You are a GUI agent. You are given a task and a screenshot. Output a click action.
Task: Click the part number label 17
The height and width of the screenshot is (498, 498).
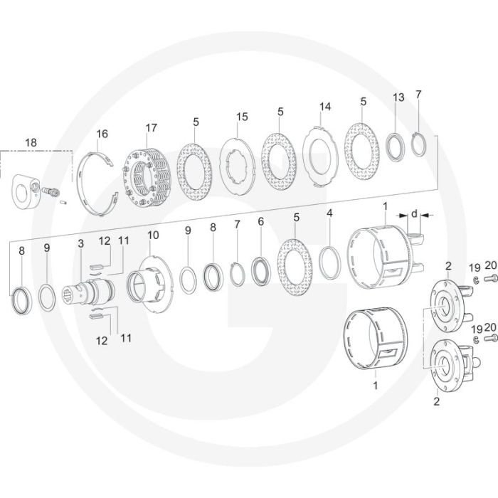point(151,127)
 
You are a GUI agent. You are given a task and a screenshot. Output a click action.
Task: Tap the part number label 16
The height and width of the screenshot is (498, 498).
point(102,134)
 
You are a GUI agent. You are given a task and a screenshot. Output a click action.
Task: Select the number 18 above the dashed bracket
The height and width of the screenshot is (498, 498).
point(31,142)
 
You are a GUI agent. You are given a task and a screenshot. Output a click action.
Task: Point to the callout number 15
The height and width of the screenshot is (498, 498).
point(242,117)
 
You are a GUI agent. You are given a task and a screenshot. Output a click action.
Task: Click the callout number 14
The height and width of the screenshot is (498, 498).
point(325,107)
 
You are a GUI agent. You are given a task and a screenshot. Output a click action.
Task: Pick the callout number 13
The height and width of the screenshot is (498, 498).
point(398,97)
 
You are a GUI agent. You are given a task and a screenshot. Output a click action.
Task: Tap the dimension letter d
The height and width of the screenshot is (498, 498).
point(414,214)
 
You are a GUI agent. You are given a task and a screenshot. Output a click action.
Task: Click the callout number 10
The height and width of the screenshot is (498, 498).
point(153,235)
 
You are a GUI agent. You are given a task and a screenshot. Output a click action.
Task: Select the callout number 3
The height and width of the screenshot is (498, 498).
point(81,243)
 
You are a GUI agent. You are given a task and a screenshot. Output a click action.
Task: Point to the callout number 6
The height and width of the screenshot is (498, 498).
point(261,222)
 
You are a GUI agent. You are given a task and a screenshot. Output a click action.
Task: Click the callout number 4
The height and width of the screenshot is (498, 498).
point(329,213)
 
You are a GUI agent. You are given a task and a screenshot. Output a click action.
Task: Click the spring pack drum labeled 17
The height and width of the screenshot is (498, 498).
point(147,178)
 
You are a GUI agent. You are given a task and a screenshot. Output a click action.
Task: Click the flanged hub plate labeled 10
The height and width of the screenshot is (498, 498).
point(150,285)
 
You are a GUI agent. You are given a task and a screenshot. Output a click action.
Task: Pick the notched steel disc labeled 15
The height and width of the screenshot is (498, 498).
point(238,166)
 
